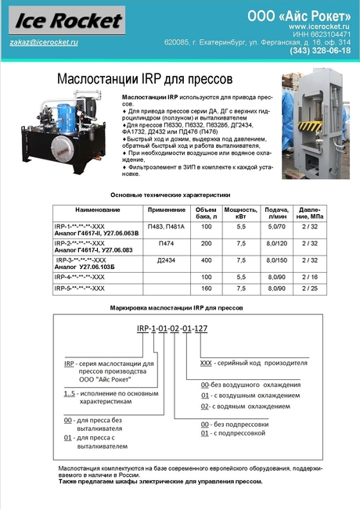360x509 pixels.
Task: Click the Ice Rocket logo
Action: coord(67,20)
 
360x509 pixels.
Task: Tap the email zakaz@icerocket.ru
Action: coord(44,42)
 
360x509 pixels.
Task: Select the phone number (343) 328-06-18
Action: coord(320,51)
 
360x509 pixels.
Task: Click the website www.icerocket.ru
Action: coord(319,27)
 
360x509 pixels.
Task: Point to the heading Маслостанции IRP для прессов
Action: coord(145,79)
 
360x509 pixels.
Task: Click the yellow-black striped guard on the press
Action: coord(310,126)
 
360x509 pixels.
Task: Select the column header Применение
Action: coord(167,210)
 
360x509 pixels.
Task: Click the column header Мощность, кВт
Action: coord(241,213)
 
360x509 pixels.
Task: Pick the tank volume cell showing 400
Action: coord(207,260)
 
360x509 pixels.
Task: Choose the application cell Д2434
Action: coord(166,260)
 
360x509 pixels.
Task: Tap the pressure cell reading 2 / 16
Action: coord(310,278)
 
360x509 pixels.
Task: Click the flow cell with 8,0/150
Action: coord(277,260)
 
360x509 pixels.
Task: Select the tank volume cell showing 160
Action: coord(207,289)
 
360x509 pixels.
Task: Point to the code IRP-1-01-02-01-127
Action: coord(172,328)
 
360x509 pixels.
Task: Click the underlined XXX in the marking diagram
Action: coord(206,363)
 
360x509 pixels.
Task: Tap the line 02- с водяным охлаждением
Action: coord(245,407)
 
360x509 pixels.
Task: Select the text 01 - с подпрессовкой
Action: coord(233,433)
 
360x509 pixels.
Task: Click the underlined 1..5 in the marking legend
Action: coord(69,393)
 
